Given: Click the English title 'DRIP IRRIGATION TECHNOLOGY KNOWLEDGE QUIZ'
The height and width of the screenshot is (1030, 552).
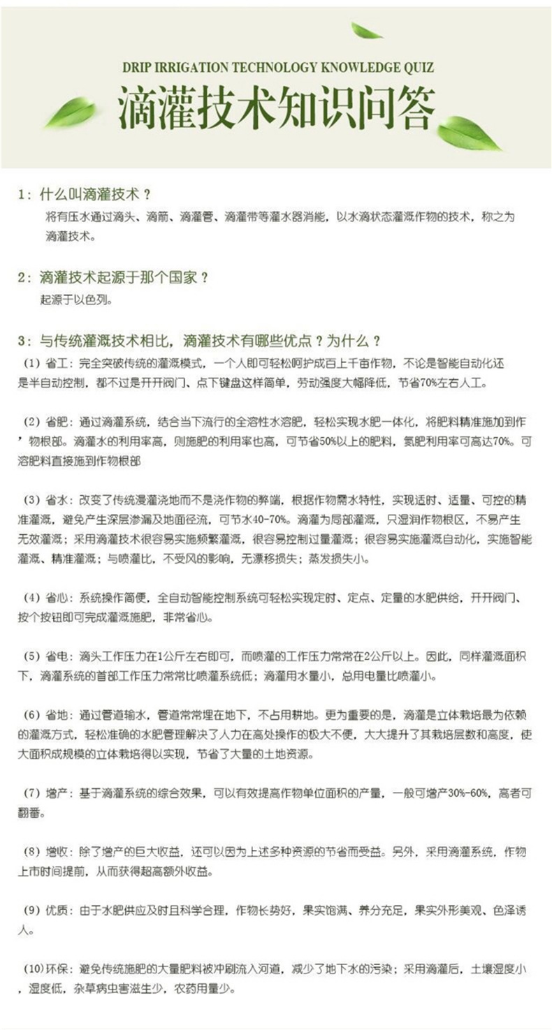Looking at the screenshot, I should point(277,68).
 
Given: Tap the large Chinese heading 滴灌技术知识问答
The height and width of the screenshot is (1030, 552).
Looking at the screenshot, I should point(277,109).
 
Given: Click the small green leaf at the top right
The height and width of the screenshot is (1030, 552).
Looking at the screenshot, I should point(365,31).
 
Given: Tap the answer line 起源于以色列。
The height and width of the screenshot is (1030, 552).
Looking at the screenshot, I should point(75,300).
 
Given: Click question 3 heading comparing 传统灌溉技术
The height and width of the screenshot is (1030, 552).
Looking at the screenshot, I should point(199,341).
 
